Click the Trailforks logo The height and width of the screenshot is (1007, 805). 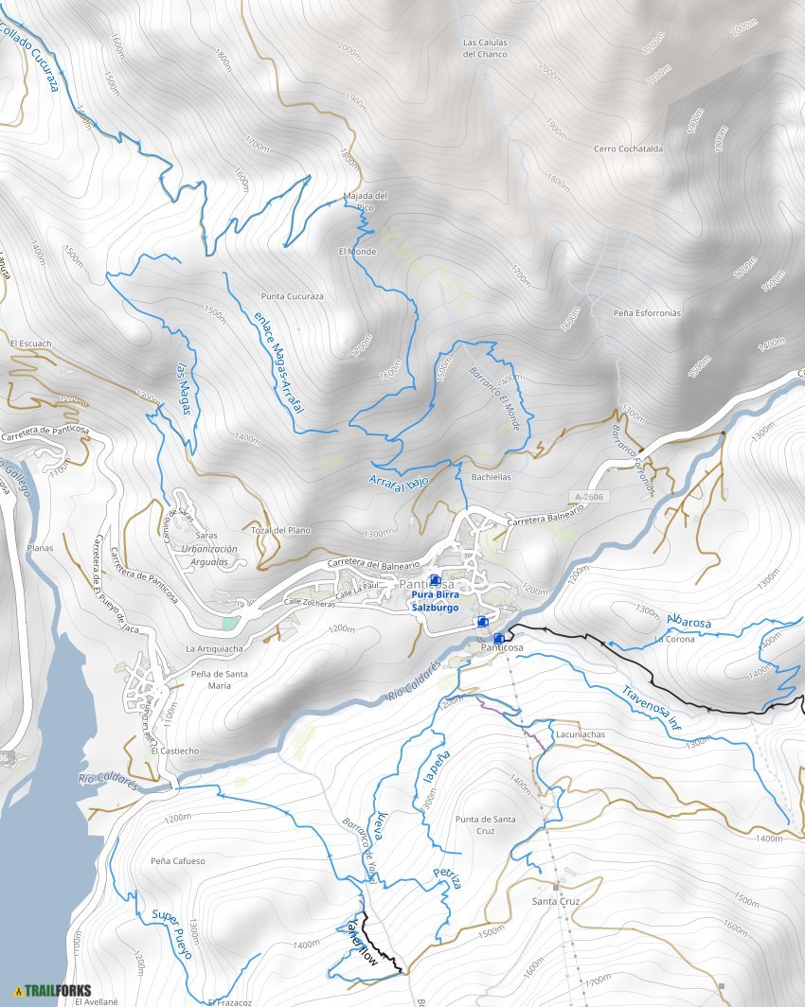point(53,990)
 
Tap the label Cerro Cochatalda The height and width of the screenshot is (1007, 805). point(629,149)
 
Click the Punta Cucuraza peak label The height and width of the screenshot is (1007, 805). point(293,296)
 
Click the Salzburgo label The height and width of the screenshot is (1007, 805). point(437,608)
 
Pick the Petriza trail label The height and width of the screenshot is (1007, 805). point(448,877)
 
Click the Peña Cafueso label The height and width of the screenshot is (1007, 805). point(178,861)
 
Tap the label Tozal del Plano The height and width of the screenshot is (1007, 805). point(280,531)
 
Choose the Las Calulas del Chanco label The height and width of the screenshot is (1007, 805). point(485,48)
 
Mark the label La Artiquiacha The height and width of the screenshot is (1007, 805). point(214,649)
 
